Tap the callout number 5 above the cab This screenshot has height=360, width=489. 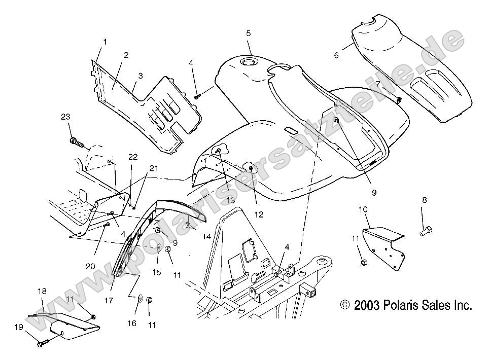coord(249,33)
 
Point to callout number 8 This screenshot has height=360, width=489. coord(424,200)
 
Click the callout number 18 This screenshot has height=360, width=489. coord(42,291)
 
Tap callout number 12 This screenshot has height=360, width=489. coord(259,214)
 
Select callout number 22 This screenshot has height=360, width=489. coord(132,157)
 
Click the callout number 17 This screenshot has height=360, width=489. coord(109,300)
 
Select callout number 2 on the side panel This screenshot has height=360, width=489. coord(126,55)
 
